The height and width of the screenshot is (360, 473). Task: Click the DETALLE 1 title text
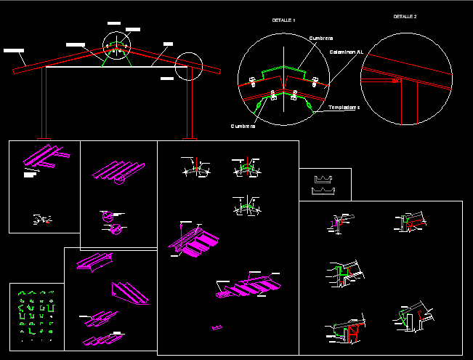pos(283,20)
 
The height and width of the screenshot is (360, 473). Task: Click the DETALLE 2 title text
pos(405,16)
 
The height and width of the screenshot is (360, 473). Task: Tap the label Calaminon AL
pos(345,52)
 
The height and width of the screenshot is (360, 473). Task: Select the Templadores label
pos(344,107)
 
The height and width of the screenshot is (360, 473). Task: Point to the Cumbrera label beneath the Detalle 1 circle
pos(243,126)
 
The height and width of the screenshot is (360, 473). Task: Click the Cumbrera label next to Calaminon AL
pos(321,38)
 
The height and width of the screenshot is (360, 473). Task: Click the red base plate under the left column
pos(43,138)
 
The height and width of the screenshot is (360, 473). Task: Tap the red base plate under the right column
pos(190,138)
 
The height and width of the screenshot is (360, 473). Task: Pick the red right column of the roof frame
pos(191,102)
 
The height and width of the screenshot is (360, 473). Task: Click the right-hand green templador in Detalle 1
pos(310,107)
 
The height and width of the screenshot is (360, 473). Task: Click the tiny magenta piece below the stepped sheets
pos(217,328)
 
